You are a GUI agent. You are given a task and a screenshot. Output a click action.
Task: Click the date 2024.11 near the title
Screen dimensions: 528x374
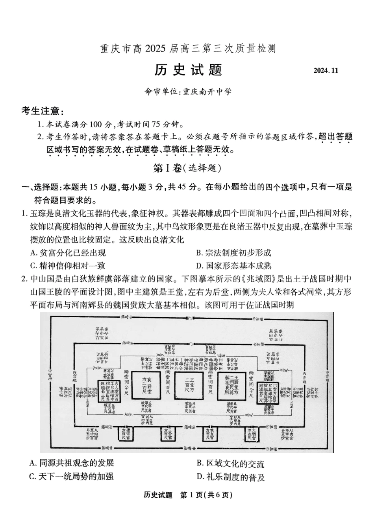pyautogui.click(x=326, y=71)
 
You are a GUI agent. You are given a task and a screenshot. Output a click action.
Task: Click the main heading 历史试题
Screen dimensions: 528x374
pyautogui.click(x=188, y=70)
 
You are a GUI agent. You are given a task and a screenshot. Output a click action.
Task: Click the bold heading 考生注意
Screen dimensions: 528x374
pyautogui.click(x=43, y=111)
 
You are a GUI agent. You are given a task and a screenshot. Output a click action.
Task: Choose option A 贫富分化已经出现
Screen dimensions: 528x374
pyautogui.click(x=69, y=252)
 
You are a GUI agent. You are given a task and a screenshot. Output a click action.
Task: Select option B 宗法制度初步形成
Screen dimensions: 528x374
pyautogui.click(x=234, y=252)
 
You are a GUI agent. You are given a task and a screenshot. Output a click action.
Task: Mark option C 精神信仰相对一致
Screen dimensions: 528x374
pyautogui.click(x=68, y=265)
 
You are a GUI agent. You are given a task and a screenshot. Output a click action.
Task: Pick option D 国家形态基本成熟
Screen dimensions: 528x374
pyautogui.click(x=234, y=265)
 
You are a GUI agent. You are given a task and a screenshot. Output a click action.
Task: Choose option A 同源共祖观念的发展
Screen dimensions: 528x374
pyautogui.click(x=72, y=464)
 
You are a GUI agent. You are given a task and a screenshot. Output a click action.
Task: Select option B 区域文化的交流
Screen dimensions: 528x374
pyautogui.click(x=231, y=464)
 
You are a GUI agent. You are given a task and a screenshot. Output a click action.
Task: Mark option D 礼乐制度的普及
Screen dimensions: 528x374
pyautogui.click(x=231, y=477)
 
